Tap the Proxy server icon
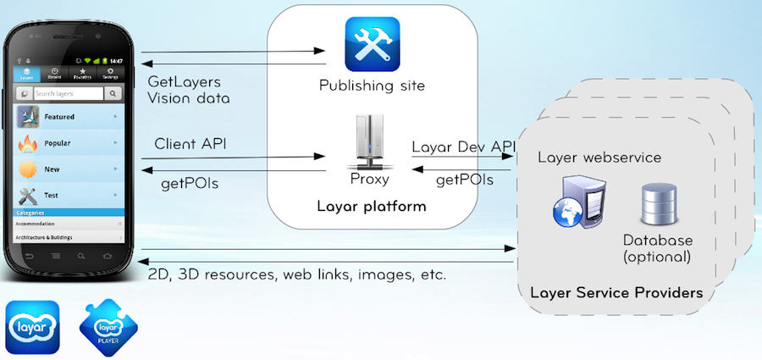click(x=369, y=150)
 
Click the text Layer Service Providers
click(x=616, y=294)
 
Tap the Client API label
click(x=190, y=144)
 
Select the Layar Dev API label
click(x=463, y=147)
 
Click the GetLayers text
click(x=184, y=83)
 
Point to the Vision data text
click(x=188, y=99)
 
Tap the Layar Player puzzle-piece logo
click(x=108, y=326)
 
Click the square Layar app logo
click(x=33, y=326)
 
